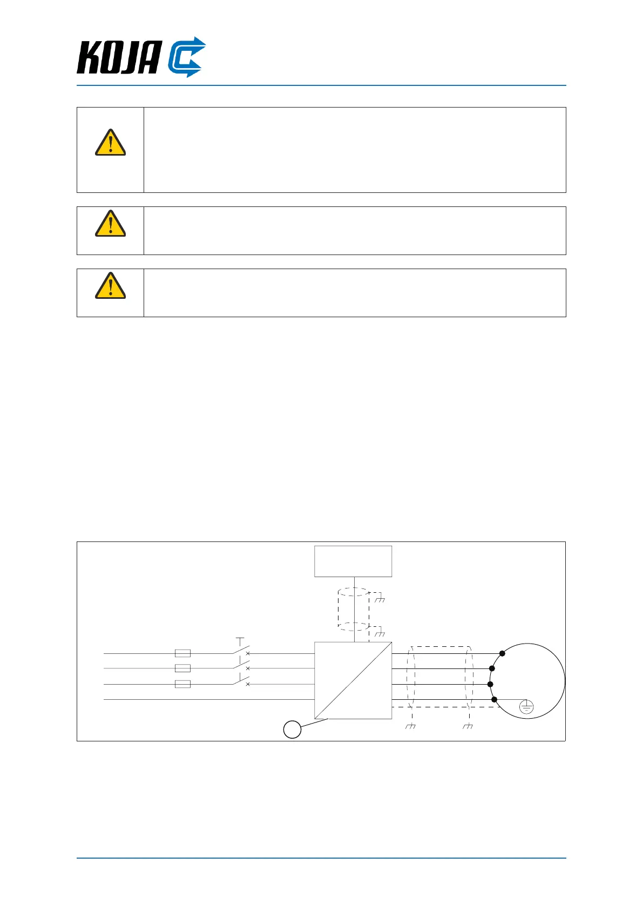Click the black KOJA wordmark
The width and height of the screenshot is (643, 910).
coord(119,57)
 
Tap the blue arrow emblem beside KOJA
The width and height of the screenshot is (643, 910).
coord(186,57)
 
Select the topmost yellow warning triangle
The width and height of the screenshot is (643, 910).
coord(110,143)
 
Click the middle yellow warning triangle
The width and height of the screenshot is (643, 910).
coord(110,224)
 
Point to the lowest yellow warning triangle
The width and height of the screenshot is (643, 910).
coord(110,286)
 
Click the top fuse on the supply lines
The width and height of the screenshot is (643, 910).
coord(182,653)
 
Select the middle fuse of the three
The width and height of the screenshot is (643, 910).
coord(182,668)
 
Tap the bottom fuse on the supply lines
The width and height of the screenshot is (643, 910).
coord(182,684)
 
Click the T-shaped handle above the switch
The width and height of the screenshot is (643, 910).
coord(240,641)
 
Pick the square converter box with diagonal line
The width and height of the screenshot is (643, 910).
coord(353,680)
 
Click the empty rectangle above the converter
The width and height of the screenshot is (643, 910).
coord(353,561)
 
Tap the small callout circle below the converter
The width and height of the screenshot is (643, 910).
coord(292,730)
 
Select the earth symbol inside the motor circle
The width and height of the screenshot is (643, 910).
coord(526,706)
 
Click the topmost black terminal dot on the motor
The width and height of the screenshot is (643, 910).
coord(502,653)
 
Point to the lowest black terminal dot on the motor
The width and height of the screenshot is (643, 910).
coord(494,699)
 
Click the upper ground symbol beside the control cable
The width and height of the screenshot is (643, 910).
coord(380,599)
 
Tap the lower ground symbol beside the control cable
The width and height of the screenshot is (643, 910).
coord(380,633)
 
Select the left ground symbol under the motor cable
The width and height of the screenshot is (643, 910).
coord(410,726)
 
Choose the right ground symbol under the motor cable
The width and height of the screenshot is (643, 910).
coord(468,726)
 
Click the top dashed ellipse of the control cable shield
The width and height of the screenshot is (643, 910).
coord(354,592)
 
